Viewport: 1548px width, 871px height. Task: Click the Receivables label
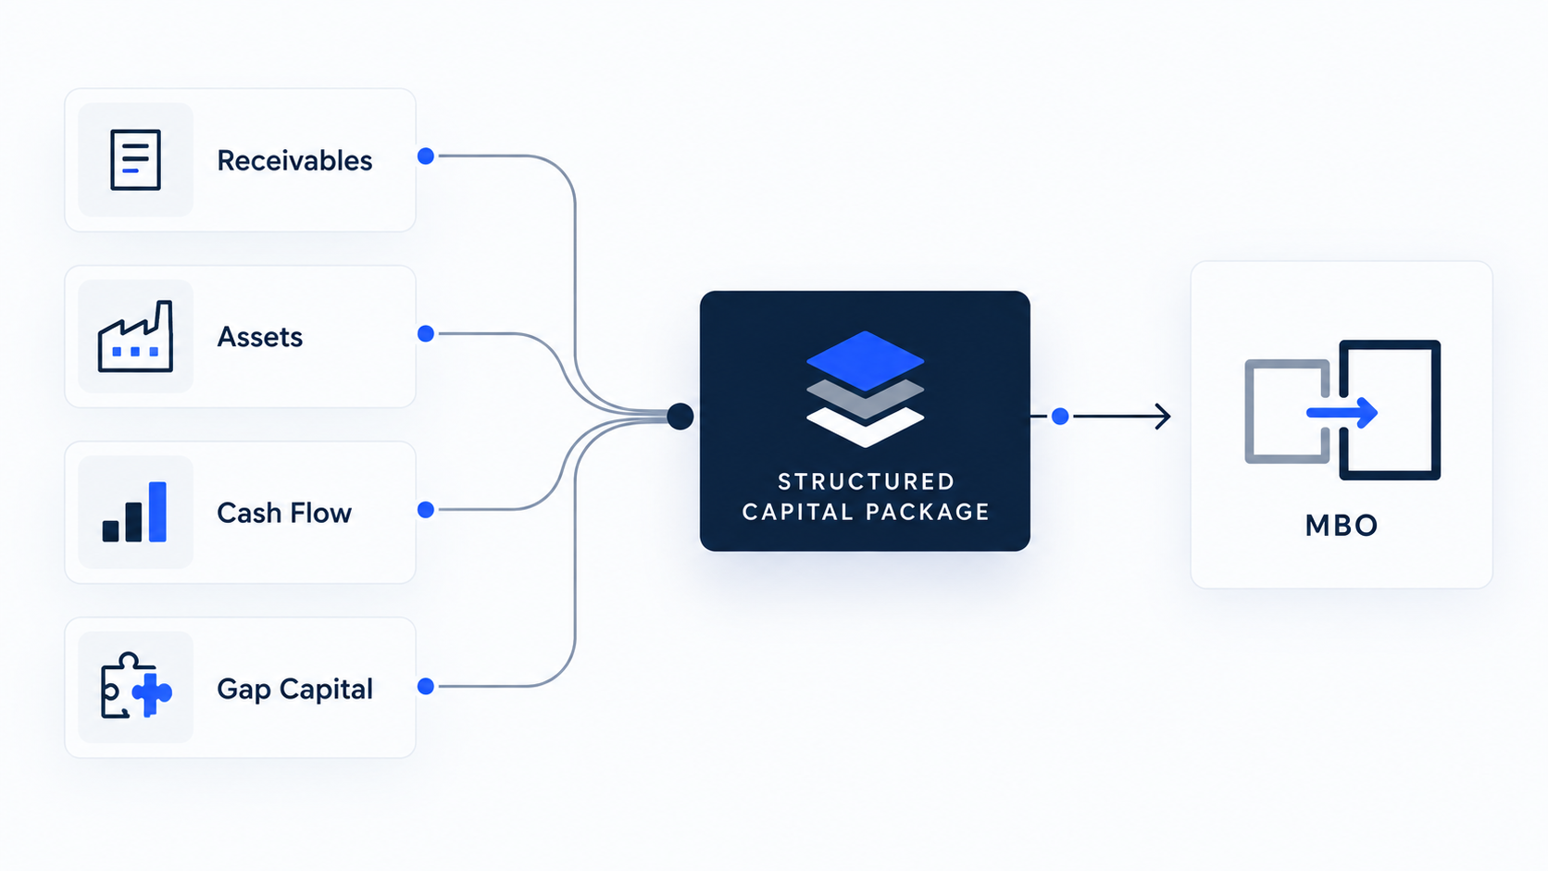(x=294, y=160)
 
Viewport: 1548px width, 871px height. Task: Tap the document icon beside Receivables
(x=135, y=159)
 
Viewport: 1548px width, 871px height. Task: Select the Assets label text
(x=260, y=337)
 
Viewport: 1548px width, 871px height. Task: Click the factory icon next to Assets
(x=135, y=336)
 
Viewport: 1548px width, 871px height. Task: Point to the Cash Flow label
(x=284, y=513)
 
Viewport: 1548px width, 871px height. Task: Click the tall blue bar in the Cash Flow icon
(x=157, y=512)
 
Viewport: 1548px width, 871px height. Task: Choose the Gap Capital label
(x=295, y=690)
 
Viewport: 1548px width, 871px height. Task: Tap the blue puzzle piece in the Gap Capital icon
(x=152, y=692)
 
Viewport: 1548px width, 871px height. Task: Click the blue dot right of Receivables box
(x=426, y=156)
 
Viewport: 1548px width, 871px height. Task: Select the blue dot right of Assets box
(x=426, y=333)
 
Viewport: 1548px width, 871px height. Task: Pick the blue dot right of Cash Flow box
(x=426, y=510)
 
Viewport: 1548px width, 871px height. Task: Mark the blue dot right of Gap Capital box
(x=426, y=686)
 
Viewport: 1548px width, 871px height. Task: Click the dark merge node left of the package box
(x=680, y=417)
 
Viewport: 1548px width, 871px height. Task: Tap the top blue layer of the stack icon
(x=866, y=361)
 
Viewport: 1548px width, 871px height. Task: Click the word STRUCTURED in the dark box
(x=867, y=481)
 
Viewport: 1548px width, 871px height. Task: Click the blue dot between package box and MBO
(x=1060, y=417)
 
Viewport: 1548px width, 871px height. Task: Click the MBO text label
(x=1342, y=526)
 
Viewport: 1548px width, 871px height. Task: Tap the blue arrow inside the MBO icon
(x=1342, y=413)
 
